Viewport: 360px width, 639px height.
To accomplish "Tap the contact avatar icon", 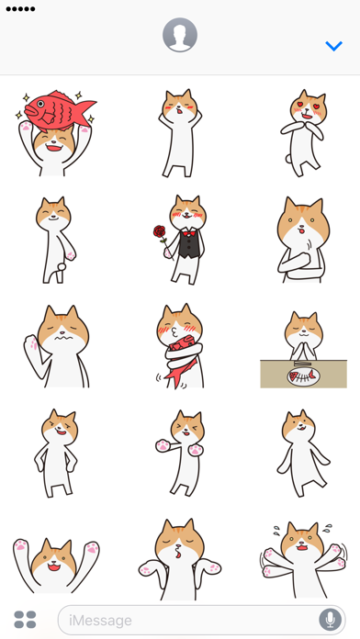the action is (x=180, y=35).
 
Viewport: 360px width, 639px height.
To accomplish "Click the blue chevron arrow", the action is (x=334, y=46).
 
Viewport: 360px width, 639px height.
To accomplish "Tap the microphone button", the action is (x=331, y=620).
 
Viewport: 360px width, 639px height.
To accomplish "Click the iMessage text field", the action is (x=201, y=620).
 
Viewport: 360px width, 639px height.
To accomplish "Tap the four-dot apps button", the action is (x=26, y=620).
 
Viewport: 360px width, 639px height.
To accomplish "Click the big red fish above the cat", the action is (x=60, y=109).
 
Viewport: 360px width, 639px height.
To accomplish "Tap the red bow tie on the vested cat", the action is (x=188, y=234).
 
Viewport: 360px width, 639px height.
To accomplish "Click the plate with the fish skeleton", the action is (x=303, y=376).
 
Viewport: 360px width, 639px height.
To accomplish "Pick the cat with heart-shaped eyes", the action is (x=304, y=133).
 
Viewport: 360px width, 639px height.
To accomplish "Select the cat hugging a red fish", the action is (x=180, y=345).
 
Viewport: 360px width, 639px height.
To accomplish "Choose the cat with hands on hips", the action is (x=57, y=454).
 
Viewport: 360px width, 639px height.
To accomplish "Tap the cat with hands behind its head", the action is (x=180, y=133).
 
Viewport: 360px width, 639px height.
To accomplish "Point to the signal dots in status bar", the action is (x=20, y=9).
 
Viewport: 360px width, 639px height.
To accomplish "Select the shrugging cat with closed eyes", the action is (x=180, y=559).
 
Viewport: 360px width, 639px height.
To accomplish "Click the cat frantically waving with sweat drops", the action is (x=304, y=559).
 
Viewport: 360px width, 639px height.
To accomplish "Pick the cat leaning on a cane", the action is (x=56, y=240).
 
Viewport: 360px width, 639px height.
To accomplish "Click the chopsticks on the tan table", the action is (x=302, y=364).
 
